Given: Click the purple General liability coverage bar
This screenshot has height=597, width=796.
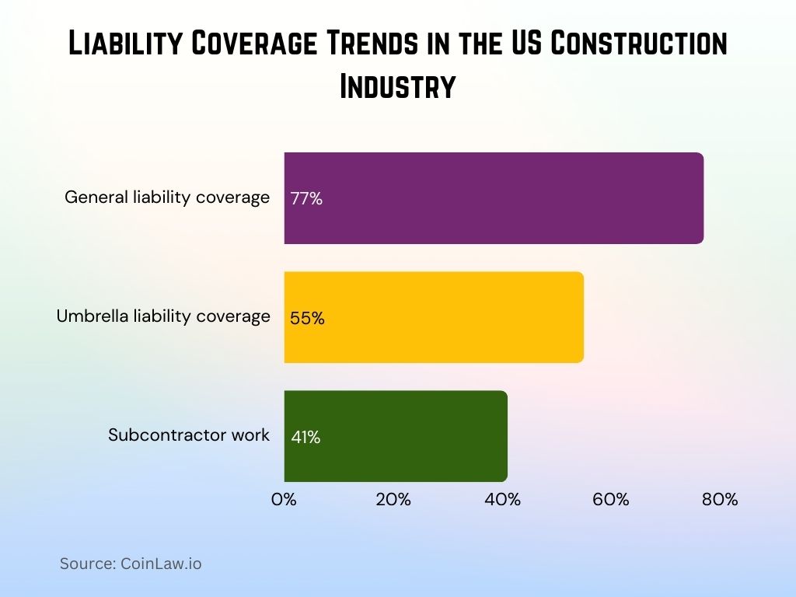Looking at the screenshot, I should click(494, 198).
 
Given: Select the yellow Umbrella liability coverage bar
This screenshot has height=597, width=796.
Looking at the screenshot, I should click(434, 317).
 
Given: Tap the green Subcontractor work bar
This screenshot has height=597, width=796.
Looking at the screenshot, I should click(396, 436).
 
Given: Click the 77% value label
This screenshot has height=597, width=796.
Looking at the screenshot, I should click(306, 198).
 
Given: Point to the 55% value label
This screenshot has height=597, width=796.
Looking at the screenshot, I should click(307, 318).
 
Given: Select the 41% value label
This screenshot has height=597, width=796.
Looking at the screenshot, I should click(305, 437).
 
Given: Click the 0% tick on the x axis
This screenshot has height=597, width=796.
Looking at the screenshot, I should click(285, 500).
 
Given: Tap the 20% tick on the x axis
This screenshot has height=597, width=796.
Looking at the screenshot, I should click(393, 500).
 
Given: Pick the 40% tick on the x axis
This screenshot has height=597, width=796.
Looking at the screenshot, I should click(502, 500).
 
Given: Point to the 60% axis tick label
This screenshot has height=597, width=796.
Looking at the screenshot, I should click(611, 500).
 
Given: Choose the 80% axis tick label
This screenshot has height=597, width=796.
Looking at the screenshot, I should click(720, 500).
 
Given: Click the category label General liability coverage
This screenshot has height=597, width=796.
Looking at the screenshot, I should click(167, 197).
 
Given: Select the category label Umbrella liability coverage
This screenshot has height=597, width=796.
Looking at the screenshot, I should click(163, 316).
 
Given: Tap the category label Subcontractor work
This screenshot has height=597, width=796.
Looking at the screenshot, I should click(189, 435).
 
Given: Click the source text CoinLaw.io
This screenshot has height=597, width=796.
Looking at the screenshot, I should click(131, 564).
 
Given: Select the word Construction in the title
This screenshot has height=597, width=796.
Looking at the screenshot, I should click(639, 45).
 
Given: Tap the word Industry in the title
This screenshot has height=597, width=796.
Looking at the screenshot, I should click(397, 86).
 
